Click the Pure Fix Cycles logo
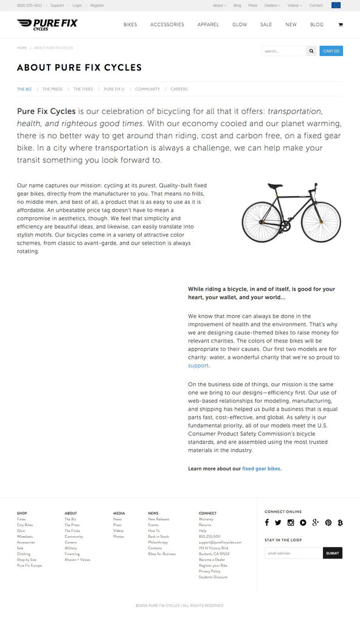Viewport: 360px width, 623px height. pos(47,24)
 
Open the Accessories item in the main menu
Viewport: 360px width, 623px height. pos(167,25)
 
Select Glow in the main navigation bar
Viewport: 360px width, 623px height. pos(240,25)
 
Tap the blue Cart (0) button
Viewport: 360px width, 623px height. pos(331,51)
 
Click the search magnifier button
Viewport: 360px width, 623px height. pos(311,51)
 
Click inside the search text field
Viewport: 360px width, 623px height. pos(283,51)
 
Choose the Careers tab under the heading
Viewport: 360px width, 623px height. pos(179,89)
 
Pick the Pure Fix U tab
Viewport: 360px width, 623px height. pos(114,89)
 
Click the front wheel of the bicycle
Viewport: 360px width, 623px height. pos(320,221)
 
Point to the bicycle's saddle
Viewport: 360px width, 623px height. pos(275,186)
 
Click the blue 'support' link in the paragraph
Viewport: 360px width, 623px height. pos(198,366)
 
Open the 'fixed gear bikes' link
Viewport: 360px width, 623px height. pos(261,468)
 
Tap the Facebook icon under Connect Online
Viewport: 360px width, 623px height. pos(267,523)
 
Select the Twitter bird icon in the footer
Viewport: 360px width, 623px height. pos(278,523)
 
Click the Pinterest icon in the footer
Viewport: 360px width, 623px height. pos(328,523)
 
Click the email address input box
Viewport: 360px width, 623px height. pos(294,553)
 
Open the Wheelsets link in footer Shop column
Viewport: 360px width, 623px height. pos(25,537)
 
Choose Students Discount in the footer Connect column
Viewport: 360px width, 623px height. pos(213,577)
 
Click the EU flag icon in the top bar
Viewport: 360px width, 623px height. pos(336,5)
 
